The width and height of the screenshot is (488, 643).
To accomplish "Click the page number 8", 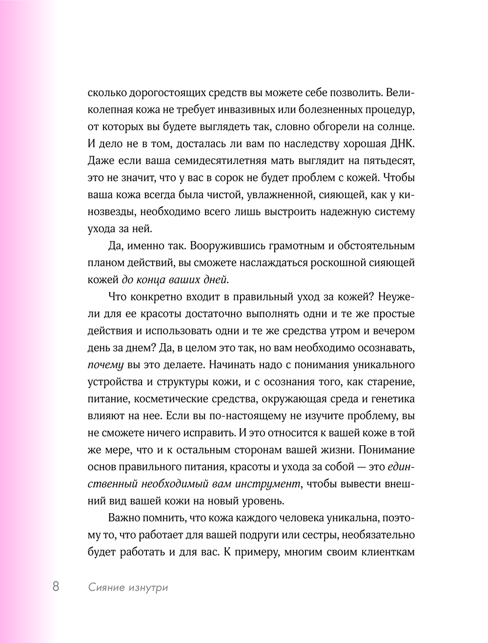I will pyautogui.click(x=56, y=586).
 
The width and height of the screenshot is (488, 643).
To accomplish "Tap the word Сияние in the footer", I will pyautogui.click(x=106, y=587).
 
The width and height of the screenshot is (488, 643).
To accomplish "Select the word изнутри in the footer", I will pyautogui.click(x=148, y=587).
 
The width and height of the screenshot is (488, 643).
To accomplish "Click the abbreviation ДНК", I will pyautogui.click(x=401, y=144).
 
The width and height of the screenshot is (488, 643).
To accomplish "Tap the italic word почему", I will pyautogui.click(x=105, y=365).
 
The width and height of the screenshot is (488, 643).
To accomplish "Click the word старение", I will pyautogui.click(x=388, y=382).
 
